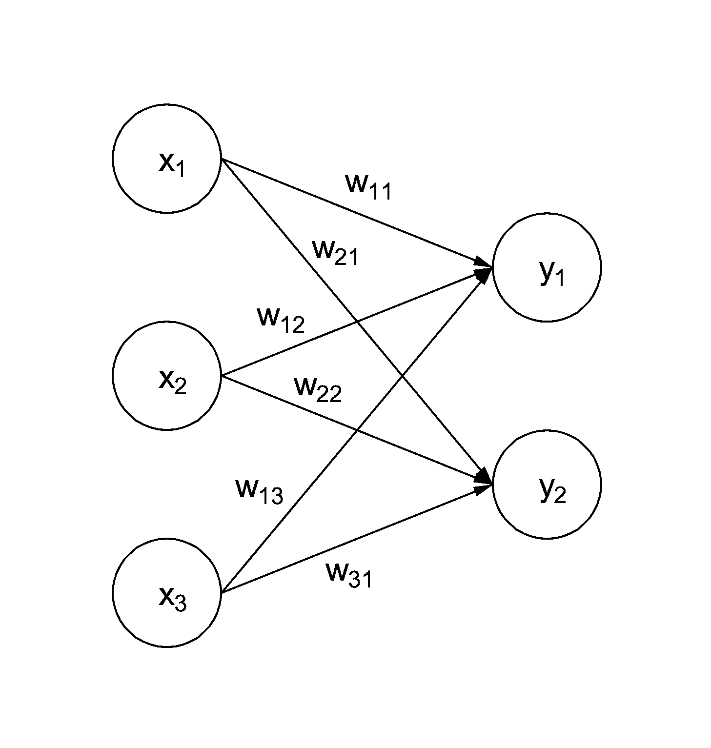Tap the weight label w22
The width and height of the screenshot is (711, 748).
pyautogui.click(x=318, y=389)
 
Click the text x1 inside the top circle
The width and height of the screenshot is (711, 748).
pyautogui.click(x=172, y=164)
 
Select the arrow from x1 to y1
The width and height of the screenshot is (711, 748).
pyautogui.click(x=357, y=213)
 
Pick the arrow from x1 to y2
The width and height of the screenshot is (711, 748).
pyautogui.click(x=357, y=322)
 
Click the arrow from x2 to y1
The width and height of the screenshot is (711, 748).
pyautogui.click(x=357, y=322)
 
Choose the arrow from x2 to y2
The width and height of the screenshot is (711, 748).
pyautogui.click(x=357, y=430)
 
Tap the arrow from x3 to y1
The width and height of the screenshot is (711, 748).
pyautogui.click(x=357, y=430)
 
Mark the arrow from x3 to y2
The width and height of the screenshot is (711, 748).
pyautogui.click(x=357, y=539)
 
